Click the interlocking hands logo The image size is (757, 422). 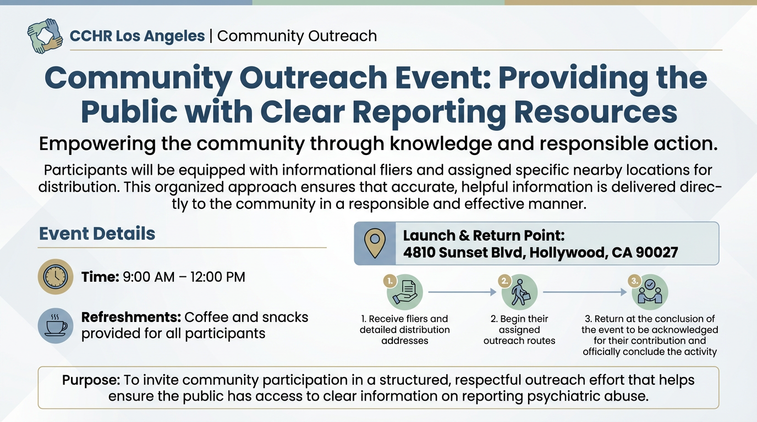[45, 36]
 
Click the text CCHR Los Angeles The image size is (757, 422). [137, 36]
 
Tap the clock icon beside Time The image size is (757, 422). [56, 276]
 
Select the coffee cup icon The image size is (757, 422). [56, 325]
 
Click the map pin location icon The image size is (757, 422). [375, 243]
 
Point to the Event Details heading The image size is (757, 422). [97, 234]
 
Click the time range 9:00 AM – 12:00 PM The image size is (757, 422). [184, 277]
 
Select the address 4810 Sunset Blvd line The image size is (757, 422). [540, 252]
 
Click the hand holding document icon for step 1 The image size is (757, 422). [405, 292]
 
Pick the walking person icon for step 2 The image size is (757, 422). [519, 292]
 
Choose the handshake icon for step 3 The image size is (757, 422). [650, 292]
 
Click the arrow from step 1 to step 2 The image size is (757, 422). [462, 292]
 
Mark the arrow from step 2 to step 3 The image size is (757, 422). [584, 292]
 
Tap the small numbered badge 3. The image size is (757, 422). [635, 281]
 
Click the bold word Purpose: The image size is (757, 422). [91, 380]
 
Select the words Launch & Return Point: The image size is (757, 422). [484, 236]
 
